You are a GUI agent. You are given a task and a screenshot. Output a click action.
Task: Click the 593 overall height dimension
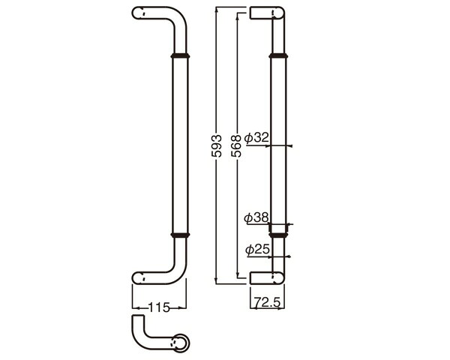[x=217, y=145]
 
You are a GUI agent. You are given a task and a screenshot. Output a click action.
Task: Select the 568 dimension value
[x=236, y=145]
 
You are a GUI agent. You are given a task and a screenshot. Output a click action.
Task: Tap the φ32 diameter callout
[x=256, y=138]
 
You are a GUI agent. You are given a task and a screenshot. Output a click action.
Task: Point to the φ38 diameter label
[x=256, y=217]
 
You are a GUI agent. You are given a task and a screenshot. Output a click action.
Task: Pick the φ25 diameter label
[x=258, y=249]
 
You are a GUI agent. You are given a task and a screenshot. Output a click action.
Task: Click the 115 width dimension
[x=159, y=307]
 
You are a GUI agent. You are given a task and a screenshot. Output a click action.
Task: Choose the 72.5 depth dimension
[x=267, y=302]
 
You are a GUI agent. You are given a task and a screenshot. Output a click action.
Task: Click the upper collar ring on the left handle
[x=180, y=55]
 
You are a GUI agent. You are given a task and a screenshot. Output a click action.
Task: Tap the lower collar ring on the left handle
[x=180, y=235]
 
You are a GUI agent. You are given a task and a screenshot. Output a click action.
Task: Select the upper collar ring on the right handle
[x=278, y=55]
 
